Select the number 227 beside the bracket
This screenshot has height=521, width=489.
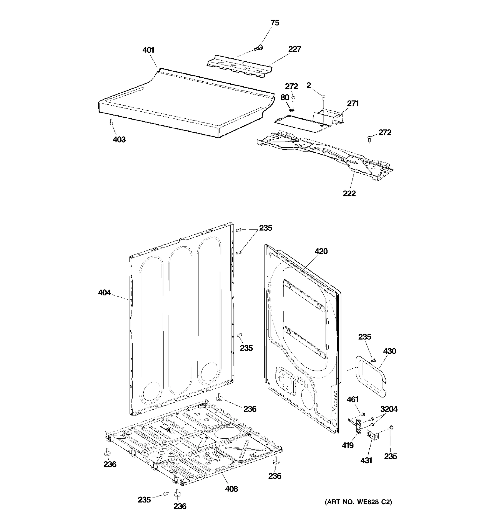295,49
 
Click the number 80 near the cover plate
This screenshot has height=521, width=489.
285,97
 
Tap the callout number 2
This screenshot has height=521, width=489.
309,85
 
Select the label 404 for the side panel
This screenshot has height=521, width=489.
104,292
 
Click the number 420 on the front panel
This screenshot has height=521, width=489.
321,251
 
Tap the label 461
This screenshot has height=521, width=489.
353,399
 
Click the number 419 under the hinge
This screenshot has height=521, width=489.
348,445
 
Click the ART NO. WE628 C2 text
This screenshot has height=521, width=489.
358,502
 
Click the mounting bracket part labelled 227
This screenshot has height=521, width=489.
239,67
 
